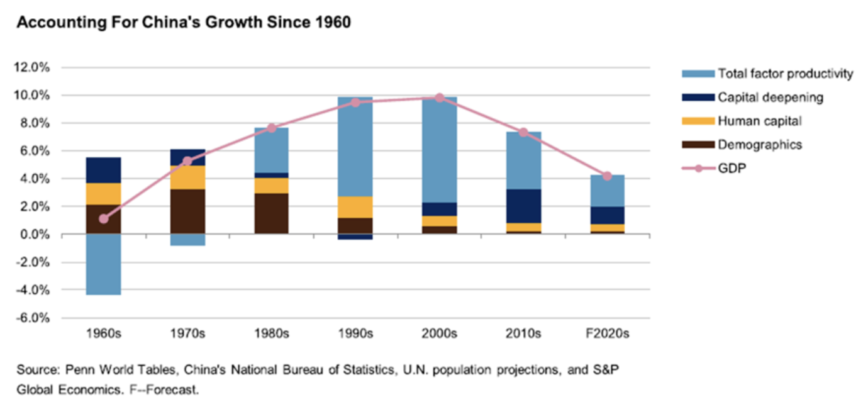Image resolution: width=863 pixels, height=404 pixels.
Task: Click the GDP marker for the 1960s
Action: (x=104, y=219)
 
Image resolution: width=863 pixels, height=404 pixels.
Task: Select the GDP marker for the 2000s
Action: (x=440, y=98)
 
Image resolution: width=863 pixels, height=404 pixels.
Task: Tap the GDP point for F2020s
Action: (x=607, y=176)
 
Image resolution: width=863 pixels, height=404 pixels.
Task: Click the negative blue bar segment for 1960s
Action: (x=104, y=264)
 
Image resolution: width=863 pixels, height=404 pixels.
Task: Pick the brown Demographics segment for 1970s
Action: (x=187, y=211)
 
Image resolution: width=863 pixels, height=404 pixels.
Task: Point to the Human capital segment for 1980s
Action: (x=272, y=186)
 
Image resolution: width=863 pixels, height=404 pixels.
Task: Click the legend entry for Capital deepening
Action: (x=770, y=98)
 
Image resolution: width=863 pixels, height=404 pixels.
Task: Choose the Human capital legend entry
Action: (x=759, y=121)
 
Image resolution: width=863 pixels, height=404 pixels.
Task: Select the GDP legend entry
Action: (x=732, y=168)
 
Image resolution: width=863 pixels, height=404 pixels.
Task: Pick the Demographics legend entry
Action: (x=760, y=145)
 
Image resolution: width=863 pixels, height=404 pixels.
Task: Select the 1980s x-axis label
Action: (x=272, y=334)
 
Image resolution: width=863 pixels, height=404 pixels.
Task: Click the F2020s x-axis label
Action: (x=607, y=334)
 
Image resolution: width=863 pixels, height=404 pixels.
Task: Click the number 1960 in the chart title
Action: (x=330, y=23)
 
